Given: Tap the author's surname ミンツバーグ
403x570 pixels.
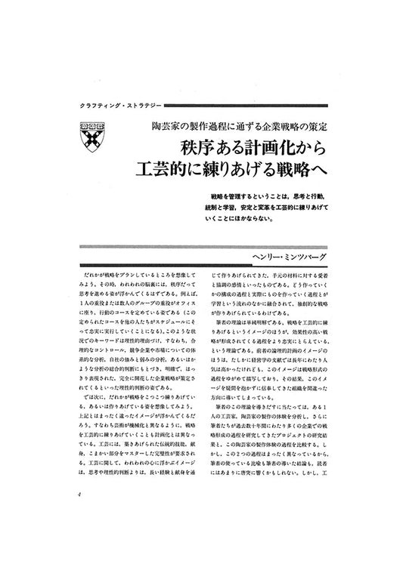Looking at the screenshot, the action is point(299,258).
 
